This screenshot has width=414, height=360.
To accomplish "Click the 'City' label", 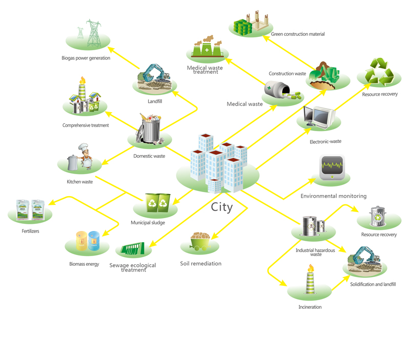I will [222, 207].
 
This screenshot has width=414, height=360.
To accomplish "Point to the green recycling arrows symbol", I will [379, 72].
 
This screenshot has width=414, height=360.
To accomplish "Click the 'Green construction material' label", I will [298, 34].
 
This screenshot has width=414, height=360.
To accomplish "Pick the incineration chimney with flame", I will [310, 279].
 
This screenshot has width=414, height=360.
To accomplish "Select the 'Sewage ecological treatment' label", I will [133, 267].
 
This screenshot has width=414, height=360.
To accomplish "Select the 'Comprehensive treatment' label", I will [86, 125].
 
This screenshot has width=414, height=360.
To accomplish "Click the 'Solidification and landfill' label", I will [373, 284].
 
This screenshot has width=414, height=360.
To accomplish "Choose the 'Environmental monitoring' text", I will [334, 196].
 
